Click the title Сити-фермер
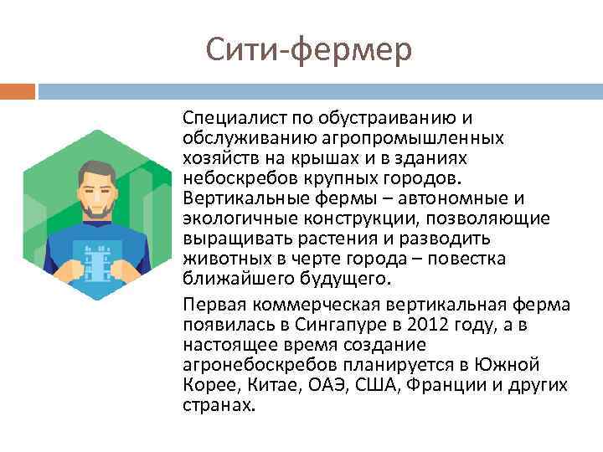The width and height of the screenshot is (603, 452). pos(309,50)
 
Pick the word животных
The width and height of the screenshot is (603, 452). pos(219,259)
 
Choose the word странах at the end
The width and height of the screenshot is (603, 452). pos(216,405)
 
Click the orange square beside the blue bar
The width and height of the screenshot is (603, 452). pos(18,90)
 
